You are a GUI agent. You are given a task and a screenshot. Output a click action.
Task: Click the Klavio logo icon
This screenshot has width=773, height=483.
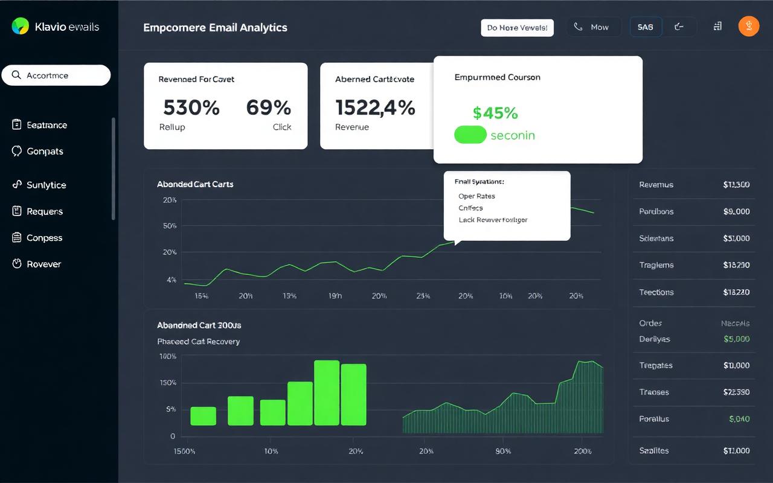coord(20,26)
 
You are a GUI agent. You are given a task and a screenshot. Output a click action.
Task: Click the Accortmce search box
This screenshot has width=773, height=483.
coord(56,75)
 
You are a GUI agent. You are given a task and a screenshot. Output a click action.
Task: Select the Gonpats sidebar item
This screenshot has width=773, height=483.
coord(45,152)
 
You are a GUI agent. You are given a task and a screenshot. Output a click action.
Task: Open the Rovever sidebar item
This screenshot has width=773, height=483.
coord(43,264)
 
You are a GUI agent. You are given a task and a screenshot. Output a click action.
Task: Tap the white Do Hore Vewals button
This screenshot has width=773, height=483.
coord(517,28)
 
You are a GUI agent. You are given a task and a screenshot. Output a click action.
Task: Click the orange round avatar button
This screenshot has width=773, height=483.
coord(749,27)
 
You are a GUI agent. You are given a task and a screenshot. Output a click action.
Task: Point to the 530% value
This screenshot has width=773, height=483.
coord(191,108)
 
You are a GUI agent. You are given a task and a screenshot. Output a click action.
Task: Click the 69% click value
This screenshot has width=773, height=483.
coord(268,108)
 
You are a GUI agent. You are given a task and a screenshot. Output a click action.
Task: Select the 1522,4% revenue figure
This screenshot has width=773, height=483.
coord(375,108)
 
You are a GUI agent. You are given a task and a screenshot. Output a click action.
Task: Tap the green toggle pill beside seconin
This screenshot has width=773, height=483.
coord(470,135)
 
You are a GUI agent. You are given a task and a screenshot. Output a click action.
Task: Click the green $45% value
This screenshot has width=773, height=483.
coord(495,113)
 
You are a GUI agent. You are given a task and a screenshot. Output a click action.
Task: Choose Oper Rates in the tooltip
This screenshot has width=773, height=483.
coord(476,196)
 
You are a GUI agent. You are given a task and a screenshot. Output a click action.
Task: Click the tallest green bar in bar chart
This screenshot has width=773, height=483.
coord(327,393)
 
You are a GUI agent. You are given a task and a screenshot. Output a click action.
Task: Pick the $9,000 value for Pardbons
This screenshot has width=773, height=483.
coord(736,212)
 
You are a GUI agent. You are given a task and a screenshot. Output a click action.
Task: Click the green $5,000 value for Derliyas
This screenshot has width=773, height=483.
coord(736,339)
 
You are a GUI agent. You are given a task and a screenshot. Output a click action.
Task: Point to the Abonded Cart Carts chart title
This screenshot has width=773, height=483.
coord(195,184)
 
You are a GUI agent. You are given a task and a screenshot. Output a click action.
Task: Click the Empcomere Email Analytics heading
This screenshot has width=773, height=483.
coord(215,28)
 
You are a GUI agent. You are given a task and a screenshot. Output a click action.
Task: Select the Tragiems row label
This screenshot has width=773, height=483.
coord(656,265)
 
